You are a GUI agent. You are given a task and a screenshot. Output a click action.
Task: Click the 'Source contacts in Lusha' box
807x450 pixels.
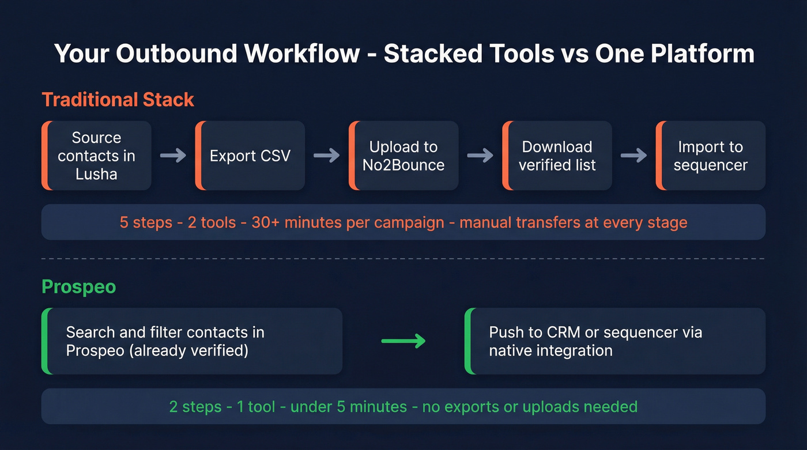click(96, 156)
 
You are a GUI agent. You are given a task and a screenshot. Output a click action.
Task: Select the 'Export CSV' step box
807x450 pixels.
click(250, 156)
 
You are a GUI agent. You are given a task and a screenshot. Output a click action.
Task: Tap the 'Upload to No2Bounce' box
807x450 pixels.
click(403, 156)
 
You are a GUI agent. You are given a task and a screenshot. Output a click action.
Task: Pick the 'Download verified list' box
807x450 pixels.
click(557, 156)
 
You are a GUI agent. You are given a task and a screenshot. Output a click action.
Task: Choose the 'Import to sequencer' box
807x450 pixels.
click(710, 156)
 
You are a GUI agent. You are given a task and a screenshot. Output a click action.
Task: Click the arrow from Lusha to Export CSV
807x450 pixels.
click(172, 156)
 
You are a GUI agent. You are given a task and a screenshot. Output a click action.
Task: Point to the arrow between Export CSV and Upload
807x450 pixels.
click(326, 156)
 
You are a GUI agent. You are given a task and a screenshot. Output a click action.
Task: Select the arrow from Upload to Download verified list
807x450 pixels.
click(480, 156)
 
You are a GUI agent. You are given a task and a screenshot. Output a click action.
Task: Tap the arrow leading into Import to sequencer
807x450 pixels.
click(633, 156)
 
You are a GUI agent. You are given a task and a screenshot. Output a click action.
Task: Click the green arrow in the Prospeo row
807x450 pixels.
click(403, 341)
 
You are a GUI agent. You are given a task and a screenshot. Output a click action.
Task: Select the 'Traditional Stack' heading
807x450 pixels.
click(118, 100)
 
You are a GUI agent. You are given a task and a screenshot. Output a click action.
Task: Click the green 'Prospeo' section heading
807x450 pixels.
click(78, 287)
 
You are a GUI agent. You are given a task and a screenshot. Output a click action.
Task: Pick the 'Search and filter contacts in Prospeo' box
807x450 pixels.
click(192, 341)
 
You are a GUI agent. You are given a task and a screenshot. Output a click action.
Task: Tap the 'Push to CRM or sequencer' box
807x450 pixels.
click(615, 341)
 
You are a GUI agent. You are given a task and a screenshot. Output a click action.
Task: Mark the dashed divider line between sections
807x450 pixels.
click(403, 259)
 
